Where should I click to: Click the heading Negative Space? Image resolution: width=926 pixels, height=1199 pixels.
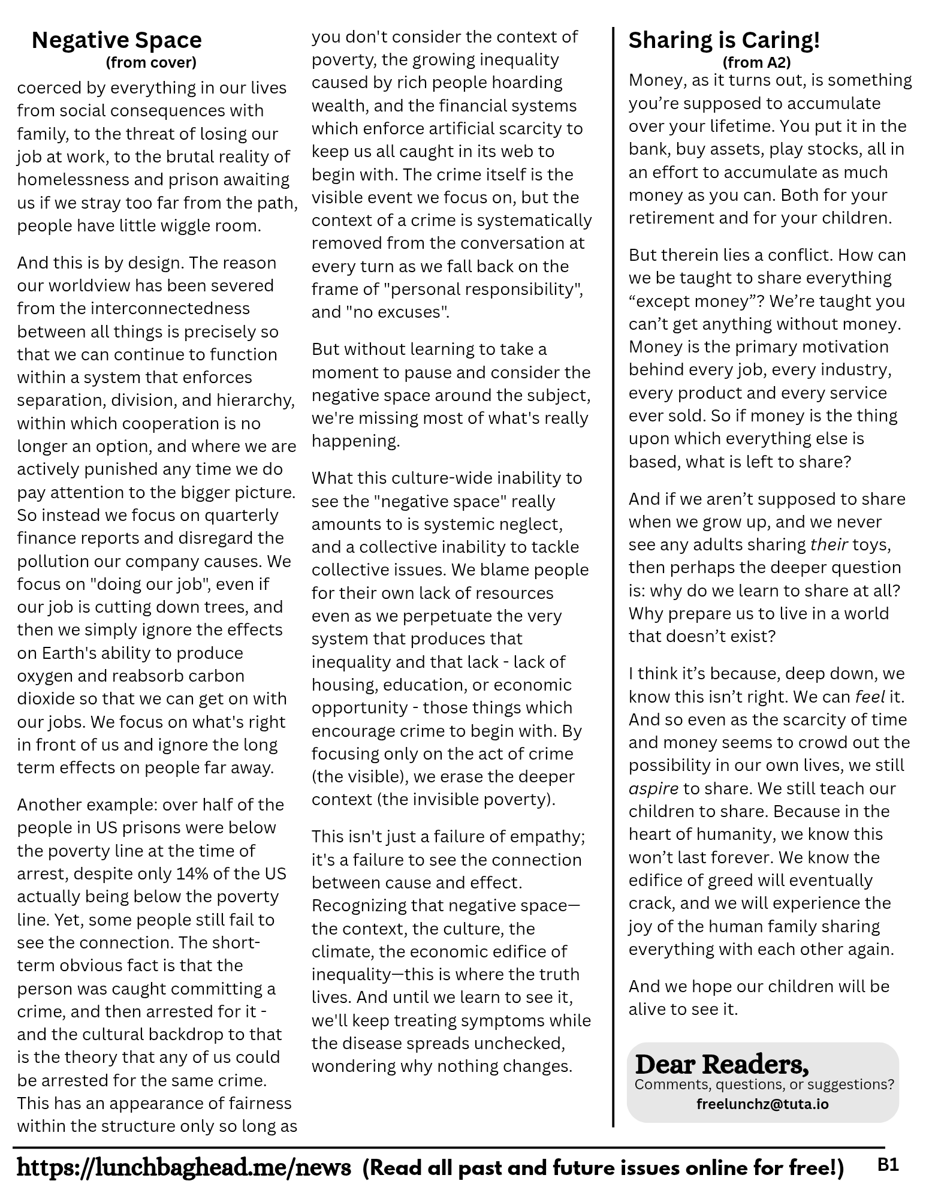[x=116, y=40]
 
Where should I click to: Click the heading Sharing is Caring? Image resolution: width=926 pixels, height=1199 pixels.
[x=723, y=40]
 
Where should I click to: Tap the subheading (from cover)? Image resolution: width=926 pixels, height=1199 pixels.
[x=150, y=62]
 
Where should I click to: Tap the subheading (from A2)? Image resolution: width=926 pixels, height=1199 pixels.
[x=756, y=62]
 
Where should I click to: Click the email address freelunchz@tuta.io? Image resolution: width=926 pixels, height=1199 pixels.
[x=762, y=1104]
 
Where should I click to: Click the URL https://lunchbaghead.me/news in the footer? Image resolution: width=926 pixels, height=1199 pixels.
[x=184, y=1167]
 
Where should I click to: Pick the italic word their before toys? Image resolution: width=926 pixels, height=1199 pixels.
[x=828, y=544]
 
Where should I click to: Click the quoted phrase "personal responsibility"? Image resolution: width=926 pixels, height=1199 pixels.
[x=483, y=290]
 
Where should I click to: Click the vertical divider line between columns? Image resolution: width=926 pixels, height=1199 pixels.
[x=613, y=576]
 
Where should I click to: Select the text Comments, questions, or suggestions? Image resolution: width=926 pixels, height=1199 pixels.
[x=764, y=1084]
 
